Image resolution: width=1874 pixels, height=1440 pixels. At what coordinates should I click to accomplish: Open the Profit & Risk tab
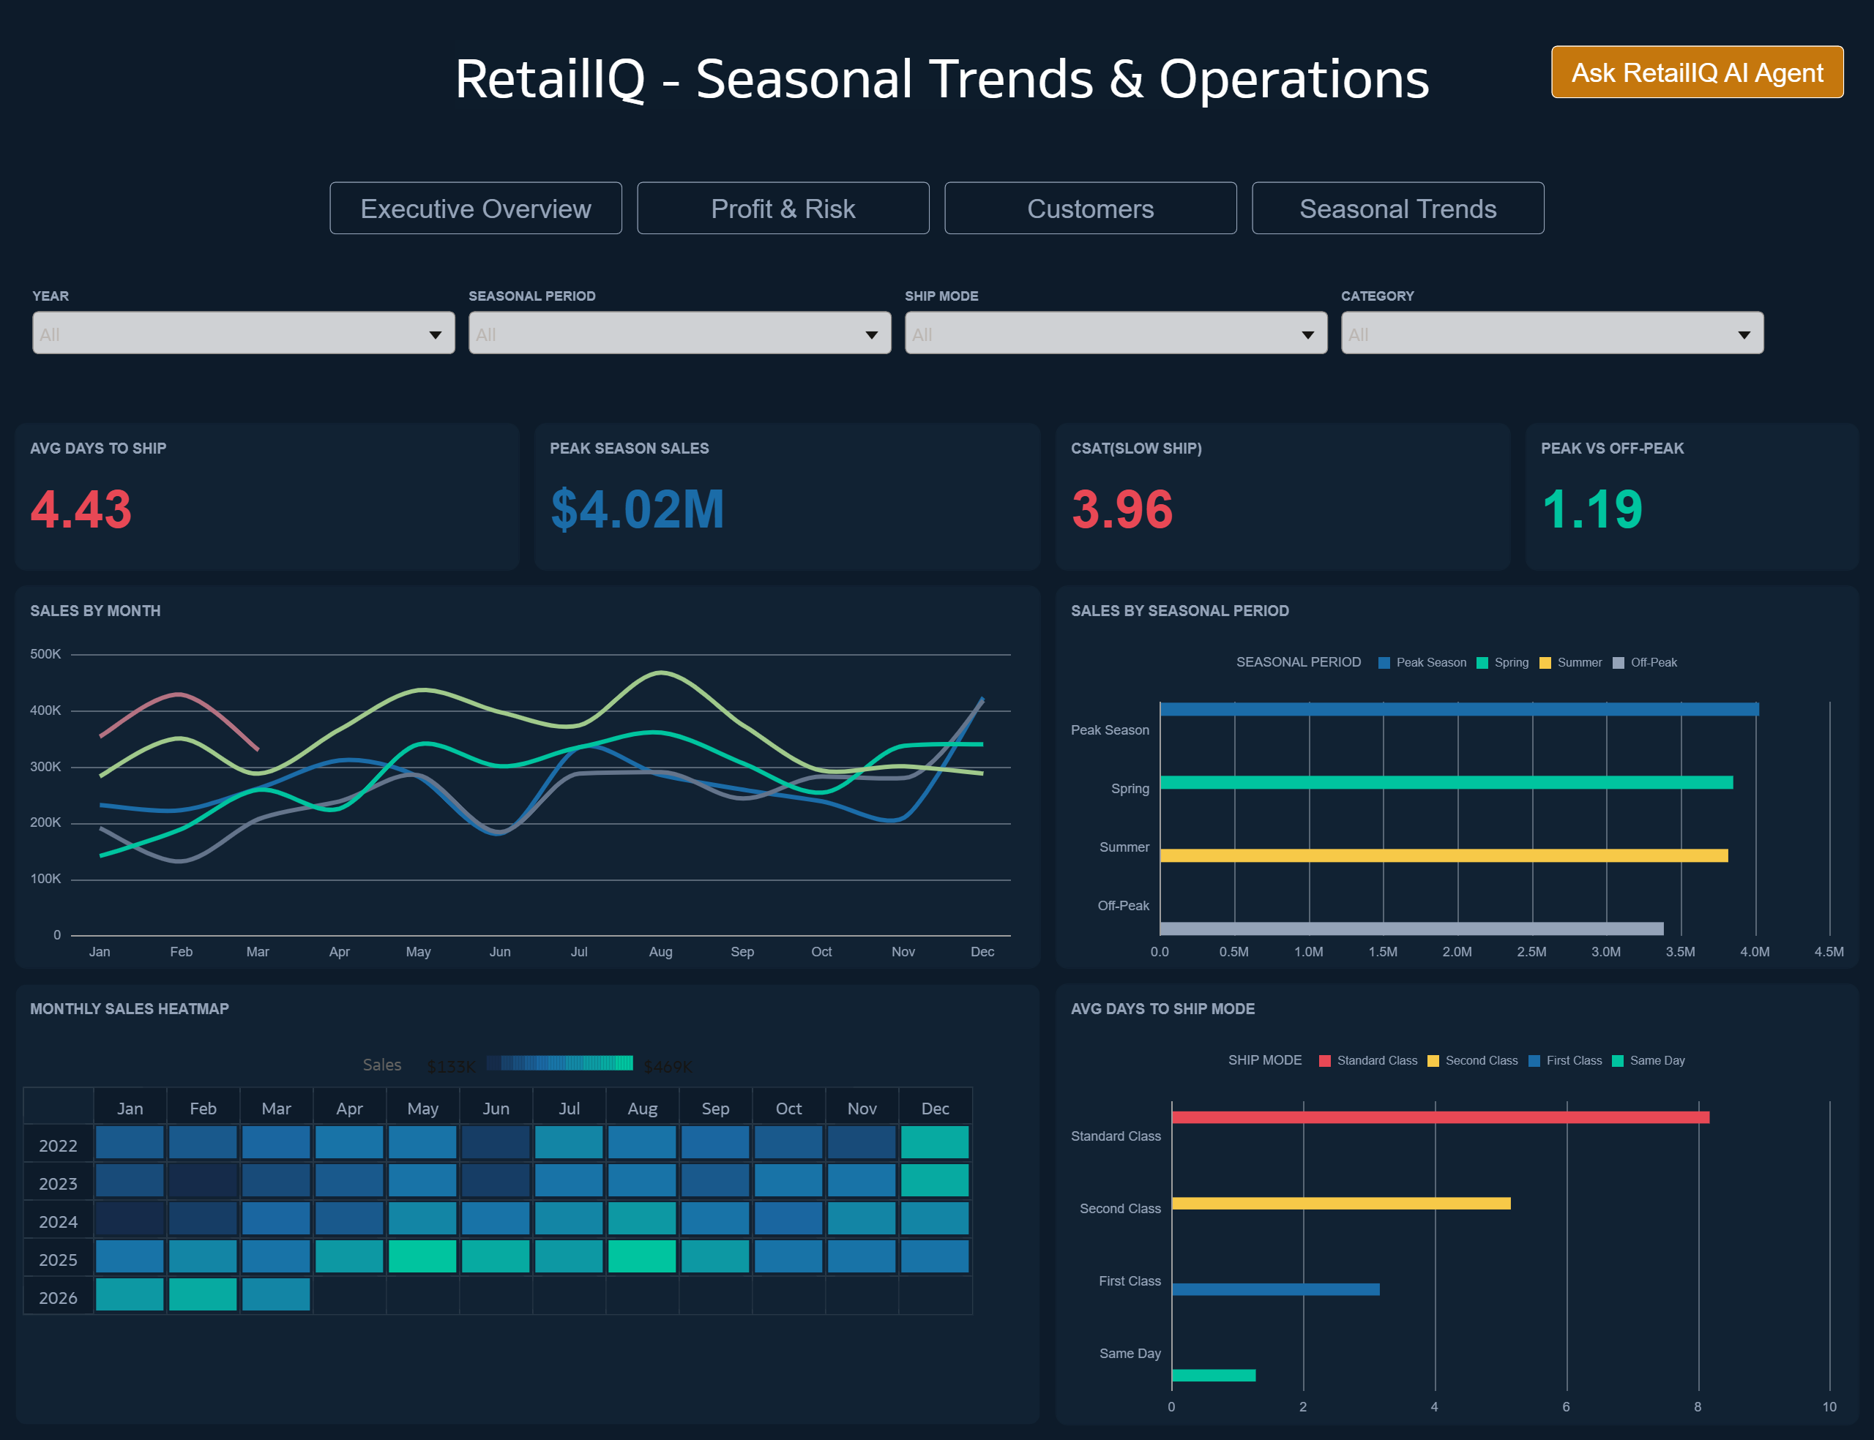tap(782, 209)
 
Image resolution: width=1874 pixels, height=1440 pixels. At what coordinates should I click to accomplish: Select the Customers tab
tap(1089, 209)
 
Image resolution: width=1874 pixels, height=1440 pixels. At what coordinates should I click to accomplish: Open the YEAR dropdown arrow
tap(436, 334)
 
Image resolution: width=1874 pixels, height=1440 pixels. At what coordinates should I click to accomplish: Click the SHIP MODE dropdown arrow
tap(1307, 334)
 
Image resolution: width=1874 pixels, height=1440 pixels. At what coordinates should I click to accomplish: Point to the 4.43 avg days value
tap(81, 509)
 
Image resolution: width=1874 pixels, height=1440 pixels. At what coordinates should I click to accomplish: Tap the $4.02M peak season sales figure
tap(637, 509)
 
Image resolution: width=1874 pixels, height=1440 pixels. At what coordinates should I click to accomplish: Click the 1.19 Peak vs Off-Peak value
tap(1591, 509)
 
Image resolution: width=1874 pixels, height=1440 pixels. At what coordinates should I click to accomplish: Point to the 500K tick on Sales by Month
tap(45, 654)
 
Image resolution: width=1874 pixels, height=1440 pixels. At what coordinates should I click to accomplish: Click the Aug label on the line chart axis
tap(660, 951)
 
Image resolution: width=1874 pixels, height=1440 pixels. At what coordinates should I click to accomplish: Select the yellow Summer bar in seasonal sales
tap(1443, 855)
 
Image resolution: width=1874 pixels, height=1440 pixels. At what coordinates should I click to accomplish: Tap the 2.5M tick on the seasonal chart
tap(1531, 951)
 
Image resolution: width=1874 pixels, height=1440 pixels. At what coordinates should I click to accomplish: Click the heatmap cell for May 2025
tap(422, 1256)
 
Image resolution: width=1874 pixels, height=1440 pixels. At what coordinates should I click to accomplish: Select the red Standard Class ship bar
tap(1439, 1117)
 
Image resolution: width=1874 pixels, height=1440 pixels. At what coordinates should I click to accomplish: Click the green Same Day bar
tap(1213, 1375)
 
